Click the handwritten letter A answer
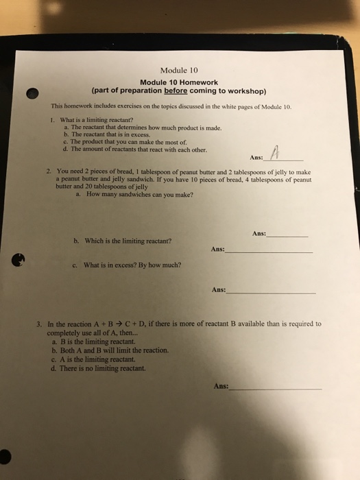point(275,152)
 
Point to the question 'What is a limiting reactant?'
point(94,121)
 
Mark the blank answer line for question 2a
point(288,235)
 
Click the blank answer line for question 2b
point(269,252)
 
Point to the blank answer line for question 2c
point(272,292)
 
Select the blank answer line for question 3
point(276,388)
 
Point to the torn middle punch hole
point(20,259)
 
